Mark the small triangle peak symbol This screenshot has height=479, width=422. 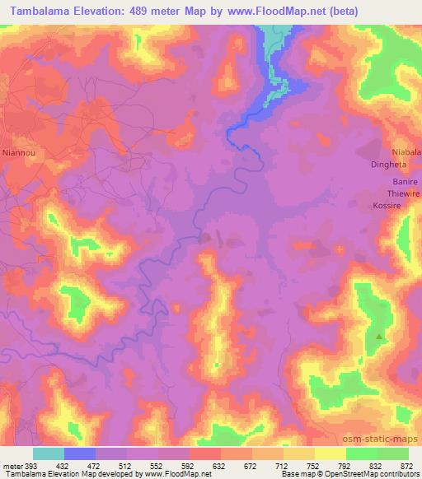(x=379, y=336)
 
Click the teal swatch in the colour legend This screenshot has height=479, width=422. (x=49, y=453)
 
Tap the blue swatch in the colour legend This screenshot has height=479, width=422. (x=80, y=453)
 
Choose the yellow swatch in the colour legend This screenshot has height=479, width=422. (x=331, y=453)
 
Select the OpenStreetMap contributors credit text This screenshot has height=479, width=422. (x=377, y=474)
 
